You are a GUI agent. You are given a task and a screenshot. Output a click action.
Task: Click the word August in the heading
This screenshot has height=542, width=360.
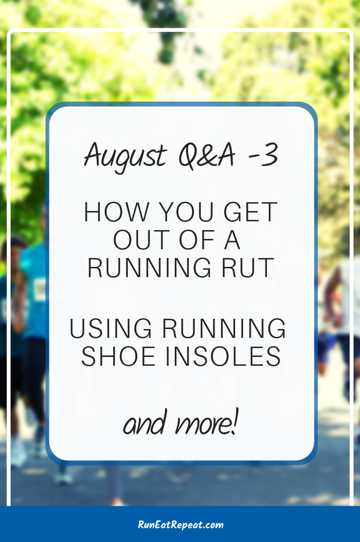coord(126,156)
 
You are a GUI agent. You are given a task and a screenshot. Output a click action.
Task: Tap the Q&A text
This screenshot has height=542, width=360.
coord(207,155)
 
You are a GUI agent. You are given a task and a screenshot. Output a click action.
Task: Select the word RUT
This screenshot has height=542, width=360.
coord(248,267)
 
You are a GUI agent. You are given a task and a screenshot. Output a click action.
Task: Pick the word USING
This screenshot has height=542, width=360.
coord(111,329)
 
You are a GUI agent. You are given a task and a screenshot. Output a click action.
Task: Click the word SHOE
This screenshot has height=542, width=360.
coord(118,356)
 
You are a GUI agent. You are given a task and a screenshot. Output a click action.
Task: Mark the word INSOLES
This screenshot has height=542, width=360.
coord(223,356)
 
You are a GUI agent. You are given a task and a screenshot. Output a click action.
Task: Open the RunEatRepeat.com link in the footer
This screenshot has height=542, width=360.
coord(181,525)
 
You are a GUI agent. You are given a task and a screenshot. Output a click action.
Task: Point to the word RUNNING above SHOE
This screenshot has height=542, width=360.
coord(224,329)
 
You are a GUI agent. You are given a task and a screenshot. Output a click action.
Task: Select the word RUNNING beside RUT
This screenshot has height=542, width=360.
coord(149,267)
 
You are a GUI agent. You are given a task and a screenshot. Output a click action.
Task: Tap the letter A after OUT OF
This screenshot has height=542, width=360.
coord(232,240)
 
